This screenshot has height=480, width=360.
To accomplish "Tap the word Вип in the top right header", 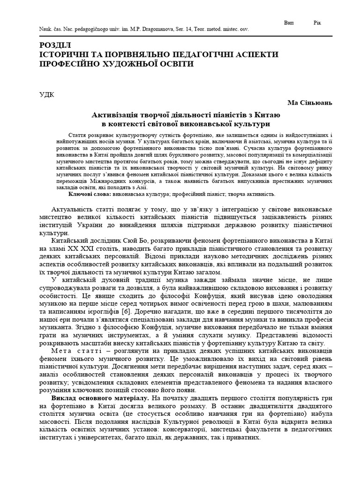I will point(289,22).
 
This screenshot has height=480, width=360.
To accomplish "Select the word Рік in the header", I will point(317,22).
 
